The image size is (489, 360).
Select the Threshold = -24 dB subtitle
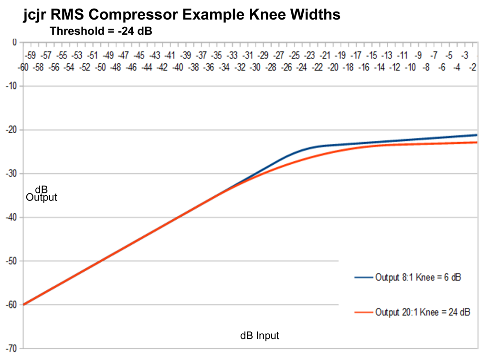101,32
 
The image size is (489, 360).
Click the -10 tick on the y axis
10,86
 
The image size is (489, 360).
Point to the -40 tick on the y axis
10,217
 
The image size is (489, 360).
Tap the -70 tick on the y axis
10,349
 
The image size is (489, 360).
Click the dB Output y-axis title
42,193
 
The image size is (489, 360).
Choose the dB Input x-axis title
259,336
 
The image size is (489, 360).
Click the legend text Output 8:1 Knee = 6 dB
418,277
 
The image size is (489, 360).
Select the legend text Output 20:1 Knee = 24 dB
423,312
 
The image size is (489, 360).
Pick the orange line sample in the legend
363,312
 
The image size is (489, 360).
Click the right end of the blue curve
477,135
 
